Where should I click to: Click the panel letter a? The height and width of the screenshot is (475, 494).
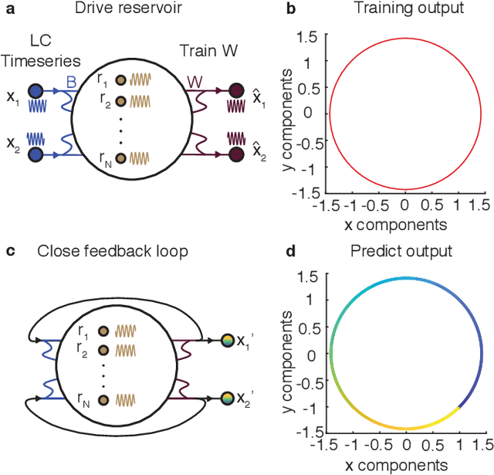(x=9, y=10)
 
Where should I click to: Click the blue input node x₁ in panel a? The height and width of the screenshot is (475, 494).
(x=36, y=90)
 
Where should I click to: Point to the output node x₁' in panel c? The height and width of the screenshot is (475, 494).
(x=226, y=339)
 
